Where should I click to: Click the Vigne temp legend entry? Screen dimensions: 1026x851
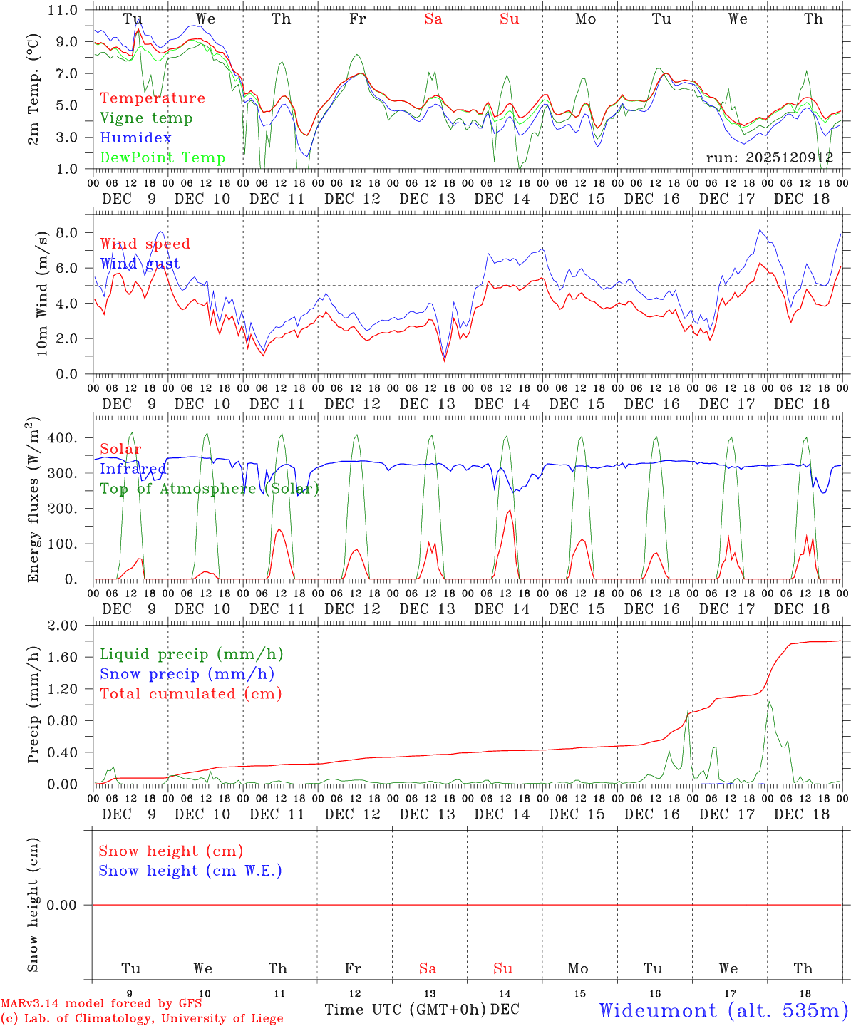tap(146, 118)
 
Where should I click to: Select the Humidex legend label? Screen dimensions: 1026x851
tap(135, 138)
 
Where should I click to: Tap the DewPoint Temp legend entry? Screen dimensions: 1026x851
tap(163, 158)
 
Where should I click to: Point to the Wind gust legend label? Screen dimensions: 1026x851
tap(140, 264)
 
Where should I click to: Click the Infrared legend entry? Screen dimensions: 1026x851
tap(133, 469)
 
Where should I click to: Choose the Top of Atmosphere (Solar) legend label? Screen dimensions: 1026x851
tap(210, 489)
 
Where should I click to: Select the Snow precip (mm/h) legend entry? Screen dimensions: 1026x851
tap(187, 674)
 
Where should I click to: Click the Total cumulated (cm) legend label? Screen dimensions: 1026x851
tap(191, 694)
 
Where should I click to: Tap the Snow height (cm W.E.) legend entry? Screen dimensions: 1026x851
tap(190, 871)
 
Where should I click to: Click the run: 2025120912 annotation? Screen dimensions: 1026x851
tap(770, 158)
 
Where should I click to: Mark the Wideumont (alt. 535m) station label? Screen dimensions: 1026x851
tap(723, 1010)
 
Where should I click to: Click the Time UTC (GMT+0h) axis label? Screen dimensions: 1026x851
tap(406, 1010)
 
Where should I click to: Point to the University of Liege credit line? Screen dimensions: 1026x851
tap(142, 1019)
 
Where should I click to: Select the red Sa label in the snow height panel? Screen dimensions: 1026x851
tap(428, 968)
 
